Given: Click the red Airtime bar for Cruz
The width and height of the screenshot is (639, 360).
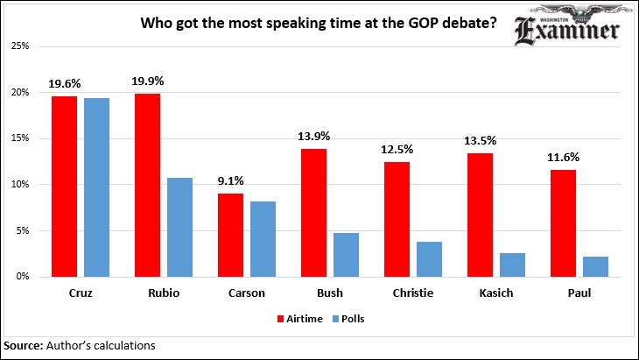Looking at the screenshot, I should tap(64, 186).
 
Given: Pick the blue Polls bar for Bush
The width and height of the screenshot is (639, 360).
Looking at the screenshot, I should tap(346, 254).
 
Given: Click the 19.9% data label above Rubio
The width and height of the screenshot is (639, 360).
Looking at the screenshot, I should tap(149, 81).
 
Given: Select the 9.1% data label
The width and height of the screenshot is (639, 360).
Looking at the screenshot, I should tap(231, 181).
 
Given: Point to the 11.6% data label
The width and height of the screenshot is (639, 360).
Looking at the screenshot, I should tap(562, 159).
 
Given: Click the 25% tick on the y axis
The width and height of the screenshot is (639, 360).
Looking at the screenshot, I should tap(30, 46).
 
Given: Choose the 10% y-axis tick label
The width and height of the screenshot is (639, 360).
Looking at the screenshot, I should tap(30, 185).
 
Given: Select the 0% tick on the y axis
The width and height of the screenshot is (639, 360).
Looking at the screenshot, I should tap(32, 277).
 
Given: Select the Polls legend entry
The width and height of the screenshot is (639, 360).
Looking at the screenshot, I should tap(348, 320).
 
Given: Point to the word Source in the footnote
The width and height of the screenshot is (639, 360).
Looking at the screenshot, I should tap(23, 345).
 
